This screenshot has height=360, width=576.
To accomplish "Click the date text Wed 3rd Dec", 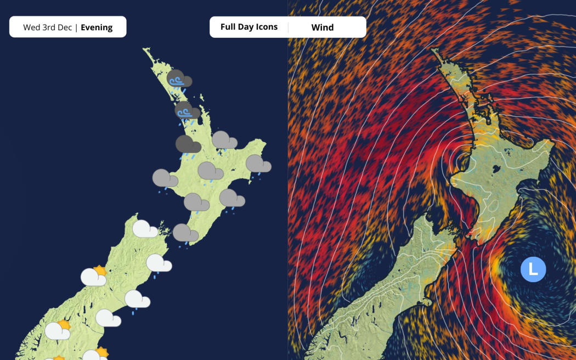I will [x=48, y=27].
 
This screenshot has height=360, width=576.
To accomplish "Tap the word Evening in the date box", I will [x=97, y=27].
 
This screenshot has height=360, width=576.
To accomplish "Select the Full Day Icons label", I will [x=249, y=27].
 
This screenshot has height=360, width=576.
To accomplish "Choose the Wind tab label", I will [x=322, y=27].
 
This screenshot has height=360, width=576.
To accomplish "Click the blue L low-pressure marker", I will [x=533, y=269].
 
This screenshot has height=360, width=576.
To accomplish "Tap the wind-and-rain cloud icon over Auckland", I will [x=187, y=111].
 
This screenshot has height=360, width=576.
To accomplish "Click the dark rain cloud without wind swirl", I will [x=188, y=146].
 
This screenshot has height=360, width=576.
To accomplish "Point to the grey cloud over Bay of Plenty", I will [x=224, y=140].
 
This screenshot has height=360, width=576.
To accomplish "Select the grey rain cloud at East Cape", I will [x=258, y=164].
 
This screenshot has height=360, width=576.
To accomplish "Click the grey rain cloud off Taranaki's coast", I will [x=165, y=179].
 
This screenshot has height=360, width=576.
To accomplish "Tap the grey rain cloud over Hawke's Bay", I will [x=231, y=199].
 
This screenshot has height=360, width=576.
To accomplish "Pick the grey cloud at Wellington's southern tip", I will [x=185, y=233].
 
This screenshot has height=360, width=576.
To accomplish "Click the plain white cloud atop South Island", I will [x=145, y=229].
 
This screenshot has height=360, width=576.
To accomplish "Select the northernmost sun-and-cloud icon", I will [x=93, y=277].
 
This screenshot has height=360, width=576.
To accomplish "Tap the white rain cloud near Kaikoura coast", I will [x=159, y=263].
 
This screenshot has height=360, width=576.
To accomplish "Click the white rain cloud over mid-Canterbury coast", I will [x=137, y=300].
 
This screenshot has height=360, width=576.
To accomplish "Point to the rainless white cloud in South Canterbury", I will [x=108, y=318].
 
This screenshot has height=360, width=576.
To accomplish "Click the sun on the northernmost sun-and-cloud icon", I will [x=100, y=271].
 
